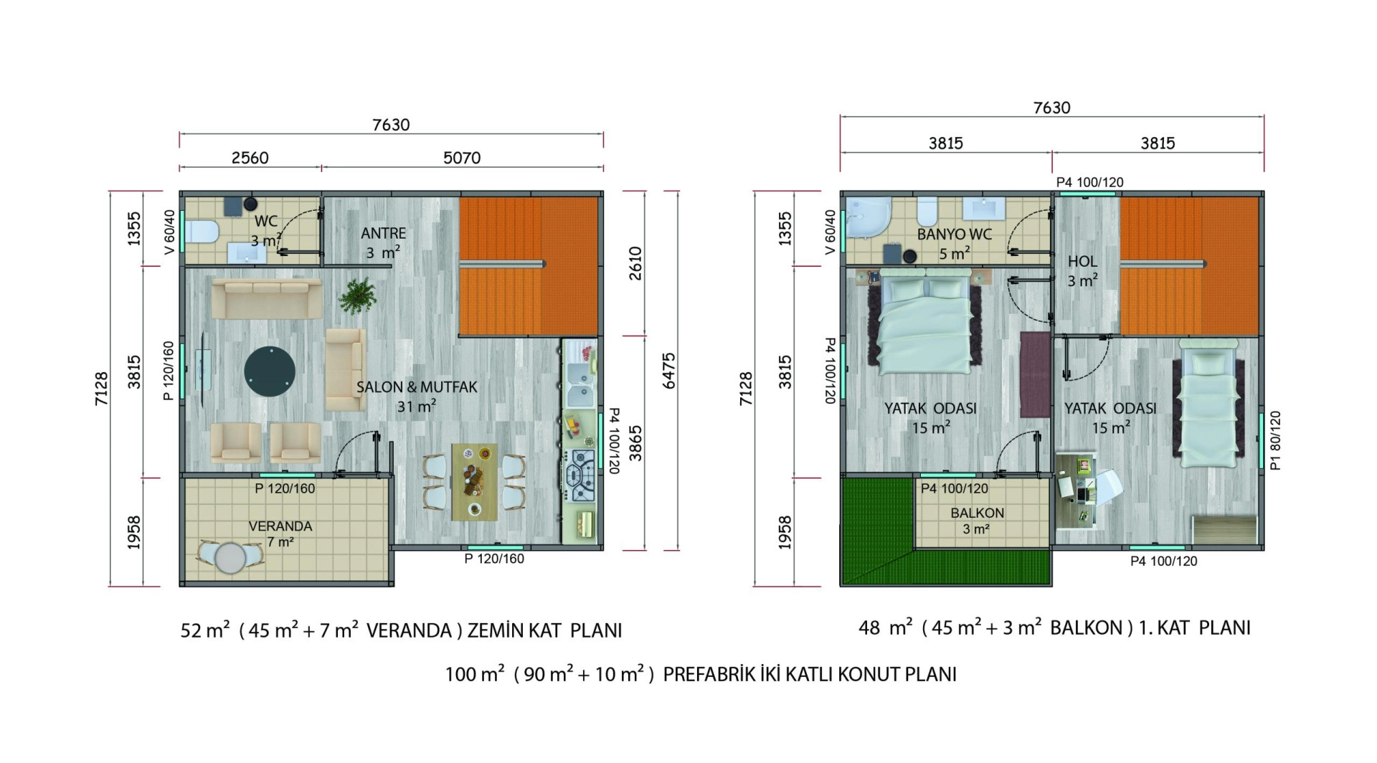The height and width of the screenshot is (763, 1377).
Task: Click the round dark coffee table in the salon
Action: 270,372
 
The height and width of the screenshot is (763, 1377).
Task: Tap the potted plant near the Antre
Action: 357,295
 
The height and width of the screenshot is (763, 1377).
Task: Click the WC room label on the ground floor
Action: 265,222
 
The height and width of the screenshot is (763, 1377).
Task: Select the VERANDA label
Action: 280,526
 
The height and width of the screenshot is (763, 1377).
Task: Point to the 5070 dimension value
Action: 462,158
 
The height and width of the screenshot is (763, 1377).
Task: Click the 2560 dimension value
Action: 250,158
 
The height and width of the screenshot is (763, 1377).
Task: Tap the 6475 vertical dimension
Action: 668,371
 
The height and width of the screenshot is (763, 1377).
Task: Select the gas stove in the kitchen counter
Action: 579,475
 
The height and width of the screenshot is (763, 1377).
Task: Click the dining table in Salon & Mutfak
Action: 474,481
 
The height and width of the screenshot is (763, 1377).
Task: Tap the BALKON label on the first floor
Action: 977,513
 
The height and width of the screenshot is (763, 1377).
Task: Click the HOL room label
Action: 1082,262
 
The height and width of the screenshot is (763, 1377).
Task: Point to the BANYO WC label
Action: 954,234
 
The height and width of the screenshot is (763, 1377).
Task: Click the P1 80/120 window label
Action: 1274,440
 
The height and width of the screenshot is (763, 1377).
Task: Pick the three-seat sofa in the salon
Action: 267,299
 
